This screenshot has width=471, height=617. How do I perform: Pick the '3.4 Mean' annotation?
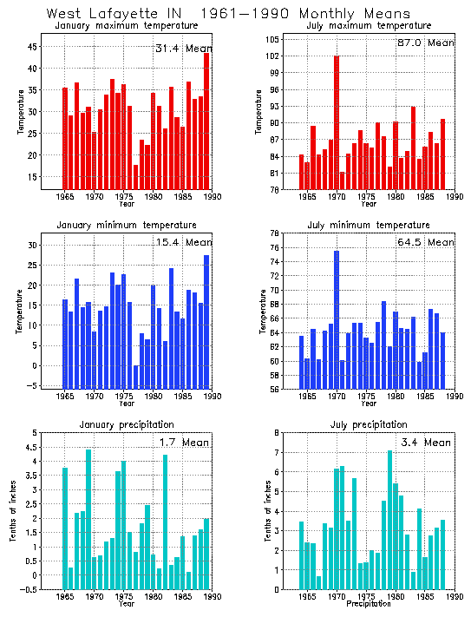[424, 443]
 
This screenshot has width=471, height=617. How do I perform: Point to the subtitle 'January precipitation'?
[121, 424]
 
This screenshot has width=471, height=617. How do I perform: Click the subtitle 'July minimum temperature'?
[369, 226]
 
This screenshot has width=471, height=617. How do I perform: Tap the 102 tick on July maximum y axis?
[278, 56]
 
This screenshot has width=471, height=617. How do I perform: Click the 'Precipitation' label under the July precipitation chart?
[370, 604]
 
